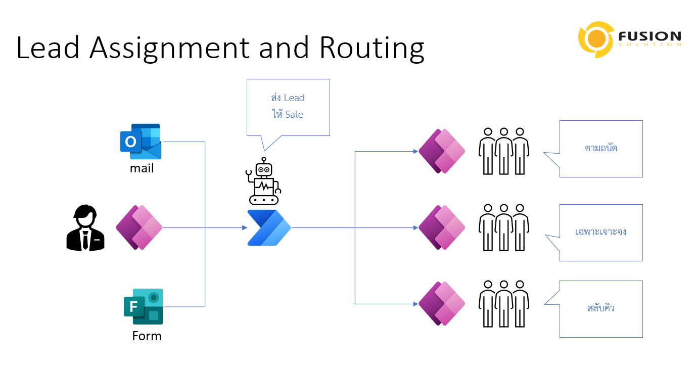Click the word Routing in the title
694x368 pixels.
coord(372,48)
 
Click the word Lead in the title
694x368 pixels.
coord(49,48)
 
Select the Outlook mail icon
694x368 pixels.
coord(141,142)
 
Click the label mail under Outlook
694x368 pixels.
coord(142,168)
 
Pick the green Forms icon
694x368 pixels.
coord(144,306)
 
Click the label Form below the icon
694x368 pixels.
coord(147,336)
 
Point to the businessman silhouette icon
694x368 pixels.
coord(85,227)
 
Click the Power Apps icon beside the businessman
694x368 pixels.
coord(139,227)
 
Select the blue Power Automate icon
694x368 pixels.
coord(269,227)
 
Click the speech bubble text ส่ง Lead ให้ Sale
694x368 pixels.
coord(288,106)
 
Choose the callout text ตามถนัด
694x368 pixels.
coord(601,149)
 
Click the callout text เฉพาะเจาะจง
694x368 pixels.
coord(601,233)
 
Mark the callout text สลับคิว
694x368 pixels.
coord(601,308)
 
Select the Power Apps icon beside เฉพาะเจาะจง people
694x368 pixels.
coord(442,227)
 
